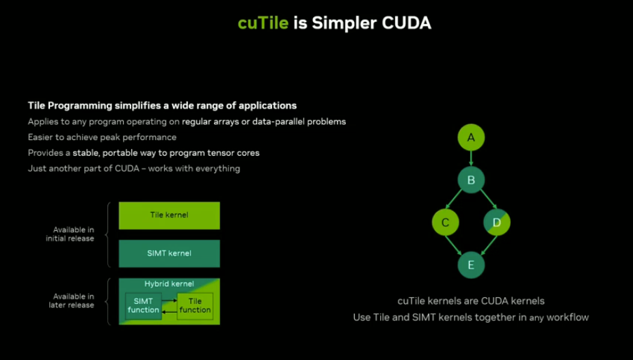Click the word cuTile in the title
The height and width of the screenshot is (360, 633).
coord(263,23)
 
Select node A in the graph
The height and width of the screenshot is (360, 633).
coord(471,138)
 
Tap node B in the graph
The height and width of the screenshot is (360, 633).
coord(471,180)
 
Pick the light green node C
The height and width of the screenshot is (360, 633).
coord(446,222)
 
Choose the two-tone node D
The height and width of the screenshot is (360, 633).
coord(497,222)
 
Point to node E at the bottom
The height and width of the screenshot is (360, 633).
coord(471,265)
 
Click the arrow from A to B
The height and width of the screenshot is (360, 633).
coord(471,159)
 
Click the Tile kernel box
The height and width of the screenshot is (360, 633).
coord(169,215)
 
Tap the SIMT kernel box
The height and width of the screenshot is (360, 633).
coord(169,253)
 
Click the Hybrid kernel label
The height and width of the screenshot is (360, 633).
coord(169,283)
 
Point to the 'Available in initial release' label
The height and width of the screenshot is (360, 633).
coord(70,234)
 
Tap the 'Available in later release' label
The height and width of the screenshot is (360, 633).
coord(71,301)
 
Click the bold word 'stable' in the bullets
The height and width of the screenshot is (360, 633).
coord(87,153)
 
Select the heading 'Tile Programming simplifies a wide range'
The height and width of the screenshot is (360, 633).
coord(162,106)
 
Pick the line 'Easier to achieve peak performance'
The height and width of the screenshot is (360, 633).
coord(102,137)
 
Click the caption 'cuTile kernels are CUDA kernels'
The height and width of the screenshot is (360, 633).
coord(470,301)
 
